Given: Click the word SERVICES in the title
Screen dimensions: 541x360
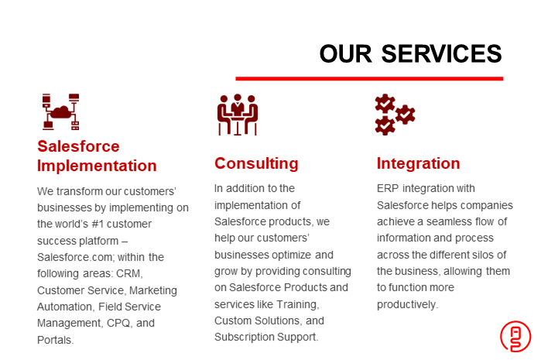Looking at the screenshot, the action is click(441, 54).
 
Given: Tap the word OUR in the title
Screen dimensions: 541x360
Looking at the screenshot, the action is click(346, 54).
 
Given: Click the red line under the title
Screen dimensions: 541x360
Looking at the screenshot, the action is click(369, 79).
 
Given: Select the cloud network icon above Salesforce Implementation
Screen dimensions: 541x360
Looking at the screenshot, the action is click(60, 111).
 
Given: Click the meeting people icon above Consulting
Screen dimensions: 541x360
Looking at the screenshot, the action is click(238, 115).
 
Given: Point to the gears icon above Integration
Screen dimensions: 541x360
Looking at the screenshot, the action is click(395, 115).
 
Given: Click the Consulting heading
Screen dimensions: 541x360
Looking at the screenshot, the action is click(256, 163).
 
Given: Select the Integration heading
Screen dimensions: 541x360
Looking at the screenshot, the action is click(418, 163).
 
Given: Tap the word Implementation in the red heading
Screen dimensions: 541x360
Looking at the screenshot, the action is click(97, 166).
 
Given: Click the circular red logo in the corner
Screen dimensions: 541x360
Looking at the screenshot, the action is click(515, 337).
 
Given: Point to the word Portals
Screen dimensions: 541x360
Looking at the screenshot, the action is click(55, 340).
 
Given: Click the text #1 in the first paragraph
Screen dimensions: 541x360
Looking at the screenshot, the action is click(98, 224).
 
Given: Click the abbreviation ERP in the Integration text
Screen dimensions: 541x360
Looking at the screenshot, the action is click(388, 188).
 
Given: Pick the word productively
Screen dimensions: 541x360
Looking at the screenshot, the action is click(407, 304).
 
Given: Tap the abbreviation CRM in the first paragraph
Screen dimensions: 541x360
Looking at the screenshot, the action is click(129, 273).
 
